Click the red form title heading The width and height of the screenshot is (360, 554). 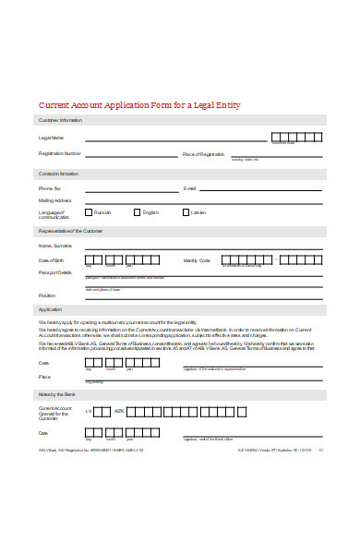tap(138, 105)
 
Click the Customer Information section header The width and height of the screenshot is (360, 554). tap(60, 120)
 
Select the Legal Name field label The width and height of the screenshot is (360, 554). tap(51, 137)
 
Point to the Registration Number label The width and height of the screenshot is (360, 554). tap(60, 153)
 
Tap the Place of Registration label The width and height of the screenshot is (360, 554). tap(203, 153)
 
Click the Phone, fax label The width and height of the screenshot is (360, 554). tap(50, 188)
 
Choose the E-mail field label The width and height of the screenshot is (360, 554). tap(190, 188)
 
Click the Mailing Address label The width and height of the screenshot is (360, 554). tap(54, 200)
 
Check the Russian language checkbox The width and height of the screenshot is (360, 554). tap(89, 211)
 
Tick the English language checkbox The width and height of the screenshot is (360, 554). tap(137, 211)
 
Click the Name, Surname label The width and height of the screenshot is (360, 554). tap(54, 247)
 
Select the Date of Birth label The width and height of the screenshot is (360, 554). tap(52, 260)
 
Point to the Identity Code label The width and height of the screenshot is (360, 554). tap(197, 260)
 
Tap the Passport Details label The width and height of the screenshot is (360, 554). tap(54, 272)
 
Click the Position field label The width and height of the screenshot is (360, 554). tap(47, 295)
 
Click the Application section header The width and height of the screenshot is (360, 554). tap(50, 309)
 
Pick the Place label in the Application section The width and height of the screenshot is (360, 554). tap(44, 377)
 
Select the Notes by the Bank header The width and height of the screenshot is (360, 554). tap(57, 394)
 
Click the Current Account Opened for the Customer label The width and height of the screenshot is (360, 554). tap(54, 412)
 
